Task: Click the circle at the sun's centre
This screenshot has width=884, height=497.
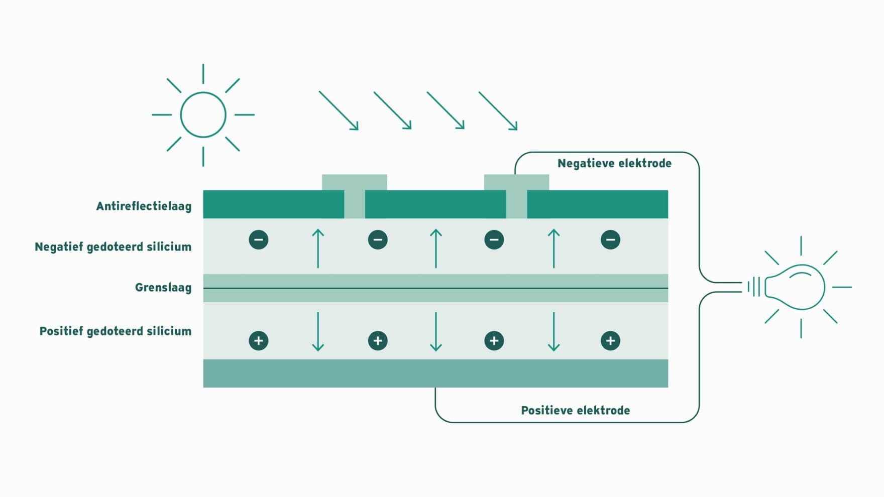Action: click(x=203, y=92)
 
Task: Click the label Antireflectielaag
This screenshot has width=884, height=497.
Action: click(x=144, y=206)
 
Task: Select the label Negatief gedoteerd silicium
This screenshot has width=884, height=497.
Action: click(x=113, y=246)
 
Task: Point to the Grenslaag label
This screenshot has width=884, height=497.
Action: click(x=163, y=288)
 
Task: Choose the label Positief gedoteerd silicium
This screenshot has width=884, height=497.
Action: click(x=116, y=331)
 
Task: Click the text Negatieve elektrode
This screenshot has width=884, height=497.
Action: click(x=614, y=163)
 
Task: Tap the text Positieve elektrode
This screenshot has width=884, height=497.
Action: click(x=575, y=410)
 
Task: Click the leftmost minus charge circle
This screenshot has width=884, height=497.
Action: click(x=259, y=239)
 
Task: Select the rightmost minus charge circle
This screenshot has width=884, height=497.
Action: click(x=610, y=239)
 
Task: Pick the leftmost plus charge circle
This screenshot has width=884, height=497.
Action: click(x=259, y=341)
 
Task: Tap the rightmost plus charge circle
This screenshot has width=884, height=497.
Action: click(x=610, y=341)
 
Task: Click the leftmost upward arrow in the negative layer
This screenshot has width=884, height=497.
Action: click(x=318, y=248)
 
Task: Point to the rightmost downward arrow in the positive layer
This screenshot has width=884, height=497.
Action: click(x=554, y=331)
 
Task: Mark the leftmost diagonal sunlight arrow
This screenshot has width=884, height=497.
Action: click(x=339, y=110)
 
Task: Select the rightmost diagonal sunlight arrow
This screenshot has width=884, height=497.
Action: click(x=498, y=110)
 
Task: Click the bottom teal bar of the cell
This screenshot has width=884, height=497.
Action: click(x=435, y=373)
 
